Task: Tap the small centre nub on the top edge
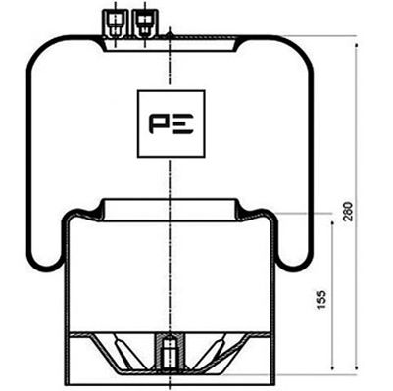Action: pyautogui.click(x=171, y=35)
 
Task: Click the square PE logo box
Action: pyautogui.click(x=172, y=123)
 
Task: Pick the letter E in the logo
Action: pyautogui.click(x=183, y=124)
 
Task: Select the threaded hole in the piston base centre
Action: pyautogui.click(x=171, y=351)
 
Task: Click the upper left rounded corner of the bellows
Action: pyautogui.click(x=39, y=54)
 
